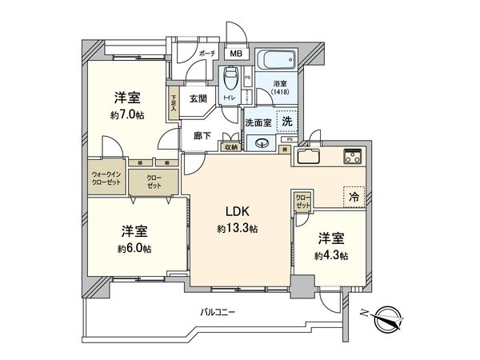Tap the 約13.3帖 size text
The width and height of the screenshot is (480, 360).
coord(236,229)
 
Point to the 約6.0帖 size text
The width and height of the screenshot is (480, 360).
coord(134,247)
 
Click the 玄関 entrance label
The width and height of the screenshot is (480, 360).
coord(198,99)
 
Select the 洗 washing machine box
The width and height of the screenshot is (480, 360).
coord(286,122)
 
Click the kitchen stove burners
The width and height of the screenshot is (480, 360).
coord(354,154)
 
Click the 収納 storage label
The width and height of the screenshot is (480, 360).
coord(230,146)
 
